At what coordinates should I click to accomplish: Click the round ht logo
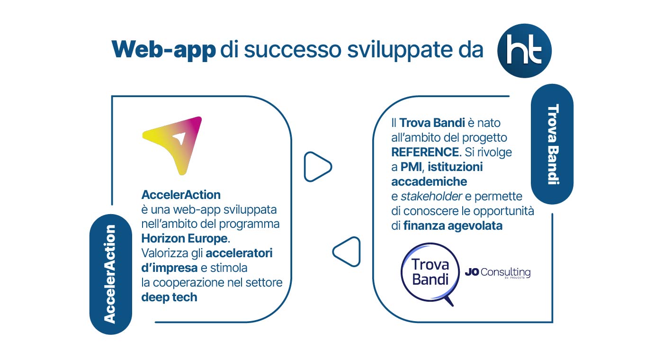[x=524, y=51]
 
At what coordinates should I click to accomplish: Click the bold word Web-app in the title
[x=164, y=50]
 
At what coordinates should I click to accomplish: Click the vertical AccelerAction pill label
[x=110, y=274]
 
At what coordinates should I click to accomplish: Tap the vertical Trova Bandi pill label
[x=552, y=144]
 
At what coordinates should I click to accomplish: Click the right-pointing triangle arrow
[x=318, y=167]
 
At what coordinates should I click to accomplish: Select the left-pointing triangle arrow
[x=347, y=252]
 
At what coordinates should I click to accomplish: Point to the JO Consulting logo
[x=498, y=272]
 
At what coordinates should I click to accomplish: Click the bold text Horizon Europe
[x=186, y=238]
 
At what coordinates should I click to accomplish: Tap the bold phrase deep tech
[x=170, y=297]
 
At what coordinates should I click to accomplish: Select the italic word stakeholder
[x=431, y=196]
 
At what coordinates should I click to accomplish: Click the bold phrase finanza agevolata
[x=453, y=226]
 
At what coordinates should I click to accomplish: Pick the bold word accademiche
[x=429, y=181]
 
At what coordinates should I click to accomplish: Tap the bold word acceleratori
[x=239, y=253]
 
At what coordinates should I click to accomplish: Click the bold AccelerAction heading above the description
[x=181, y=195]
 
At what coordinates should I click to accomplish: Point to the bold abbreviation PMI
[x=412, y=167]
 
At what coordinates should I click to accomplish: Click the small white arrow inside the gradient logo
[x=180, y=138]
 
